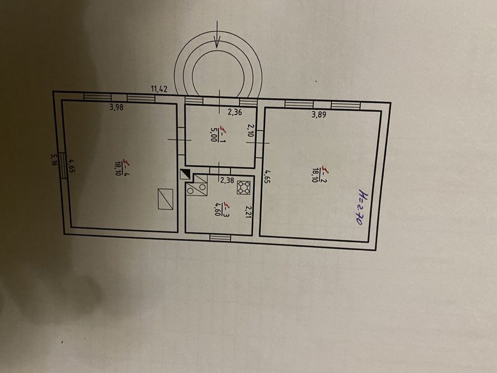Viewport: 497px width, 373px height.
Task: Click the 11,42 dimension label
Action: pyautogui.click(x=159, y=89)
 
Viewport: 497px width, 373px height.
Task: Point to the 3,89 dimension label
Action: pyautogui.click(x=320, y=114)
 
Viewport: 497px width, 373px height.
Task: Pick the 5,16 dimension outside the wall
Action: pyautogui.click(x=54, y=160)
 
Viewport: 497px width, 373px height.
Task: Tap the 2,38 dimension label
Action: pyautogui.click(x=227, y=180)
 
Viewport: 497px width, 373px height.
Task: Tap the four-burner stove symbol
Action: pyautogui.click(x=245, y=187)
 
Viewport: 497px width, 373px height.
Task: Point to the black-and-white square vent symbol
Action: pyautogui.click(x=185, y=174)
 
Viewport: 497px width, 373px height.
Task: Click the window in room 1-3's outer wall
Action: pyautogui.click(x=220, y=238)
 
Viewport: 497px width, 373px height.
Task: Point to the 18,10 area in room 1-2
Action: pyautogui.click(x=315, y=175)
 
